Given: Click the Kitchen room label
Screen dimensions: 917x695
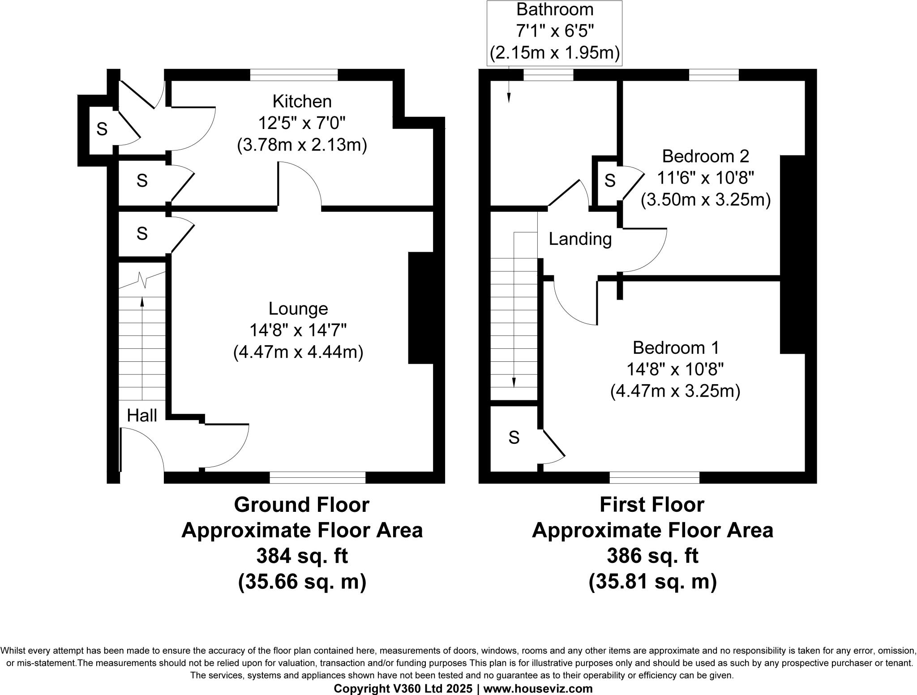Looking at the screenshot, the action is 302,102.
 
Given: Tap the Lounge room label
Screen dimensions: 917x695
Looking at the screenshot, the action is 298,309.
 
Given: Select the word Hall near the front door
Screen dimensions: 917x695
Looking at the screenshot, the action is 142,416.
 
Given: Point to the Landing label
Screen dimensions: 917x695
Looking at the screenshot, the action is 580,239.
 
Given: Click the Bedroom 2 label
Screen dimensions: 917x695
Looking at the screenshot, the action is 706,156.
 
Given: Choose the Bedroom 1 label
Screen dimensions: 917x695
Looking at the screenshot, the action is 676,347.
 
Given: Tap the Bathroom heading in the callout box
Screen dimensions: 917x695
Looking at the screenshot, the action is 555,9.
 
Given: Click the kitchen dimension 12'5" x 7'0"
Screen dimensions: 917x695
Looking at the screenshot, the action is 302,123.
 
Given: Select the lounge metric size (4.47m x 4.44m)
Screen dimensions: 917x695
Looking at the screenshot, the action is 298,352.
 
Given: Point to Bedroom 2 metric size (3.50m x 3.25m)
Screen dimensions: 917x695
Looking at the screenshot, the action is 706,200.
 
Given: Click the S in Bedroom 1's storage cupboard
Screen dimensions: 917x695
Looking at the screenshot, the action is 514,438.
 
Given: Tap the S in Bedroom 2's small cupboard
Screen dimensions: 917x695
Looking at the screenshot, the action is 610,180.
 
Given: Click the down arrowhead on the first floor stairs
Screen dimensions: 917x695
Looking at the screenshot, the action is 514,382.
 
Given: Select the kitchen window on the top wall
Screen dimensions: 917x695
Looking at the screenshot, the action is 294,75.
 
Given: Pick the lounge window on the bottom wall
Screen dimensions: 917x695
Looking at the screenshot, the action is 317,478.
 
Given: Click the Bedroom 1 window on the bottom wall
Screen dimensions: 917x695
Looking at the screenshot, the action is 654,478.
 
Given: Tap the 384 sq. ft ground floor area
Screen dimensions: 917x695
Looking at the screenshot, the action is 302,556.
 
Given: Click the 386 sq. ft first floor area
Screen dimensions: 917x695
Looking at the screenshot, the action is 652,556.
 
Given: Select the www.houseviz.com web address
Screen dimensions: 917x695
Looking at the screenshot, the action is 538,689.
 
